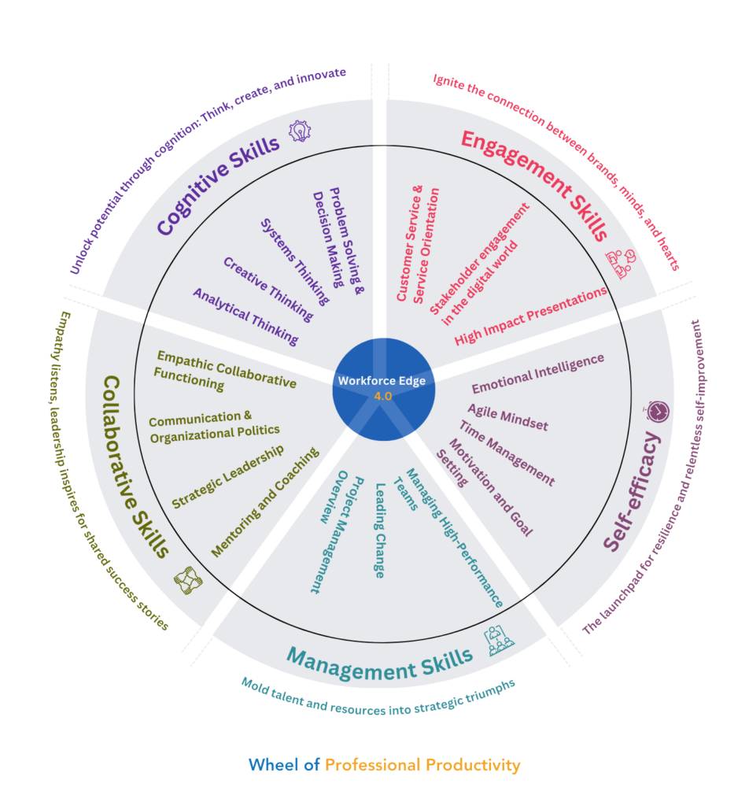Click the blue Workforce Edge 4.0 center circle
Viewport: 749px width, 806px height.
tap(382, 388)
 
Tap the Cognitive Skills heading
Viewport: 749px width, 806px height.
tap(218, 186)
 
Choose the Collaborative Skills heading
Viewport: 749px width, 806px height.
tap(136, 465)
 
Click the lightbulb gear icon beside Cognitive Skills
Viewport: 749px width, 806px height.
tap(299, 131)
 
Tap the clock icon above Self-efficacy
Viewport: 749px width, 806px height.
tap(658, 410)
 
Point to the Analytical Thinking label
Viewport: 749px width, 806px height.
tap(246, 316)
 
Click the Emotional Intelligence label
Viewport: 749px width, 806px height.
tap(538, 374)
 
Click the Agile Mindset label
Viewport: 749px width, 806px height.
tap(507, 417)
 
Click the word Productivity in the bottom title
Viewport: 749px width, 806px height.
tap(473, 764)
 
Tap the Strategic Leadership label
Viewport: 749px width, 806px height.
tap(228, 477)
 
